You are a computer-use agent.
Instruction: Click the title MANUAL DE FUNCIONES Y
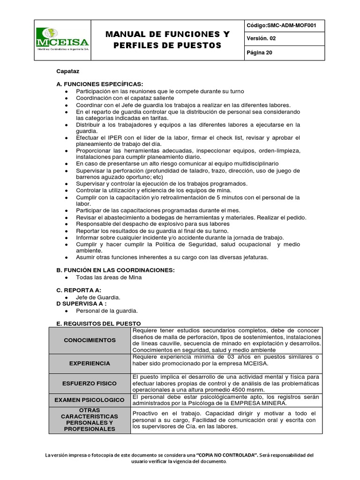pyautogui.click(x=168, y=34)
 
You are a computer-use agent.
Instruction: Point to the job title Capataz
pyautogui.click(x=68, y=71)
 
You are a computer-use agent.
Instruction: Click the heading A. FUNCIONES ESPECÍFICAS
pyautogui.click(x=99, y=84)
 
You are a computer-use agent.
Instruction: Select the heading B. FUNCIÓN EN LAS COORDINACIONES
pyautogui.click(x=115, y=270)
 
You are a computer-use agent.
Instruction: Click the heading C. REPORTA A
pyautogui.click(x=78, y=290)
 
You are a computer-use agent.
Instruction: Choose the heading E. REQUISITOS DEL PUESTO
pyautogui.click(x=98, y=323)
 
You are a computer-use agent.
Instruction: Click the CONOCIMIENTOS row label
pyautogui.click(x=90, y=340)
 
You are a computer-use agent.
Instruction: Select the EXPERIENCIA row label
pyautogui.click(x=90, y=363)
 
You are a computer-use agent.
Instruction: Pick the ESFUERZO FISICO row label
pyautogui.click(x=90, y=383)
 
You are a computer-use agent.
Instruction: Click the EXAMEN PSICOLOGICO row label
pyautogui.click(x=90, y=400)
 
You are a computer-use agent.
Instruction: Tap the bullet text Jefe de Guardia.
pyautogui.click(x=98, y=297)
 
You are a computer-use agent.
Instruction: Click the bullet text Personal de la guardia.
pyautogui.click(x=107, y=310)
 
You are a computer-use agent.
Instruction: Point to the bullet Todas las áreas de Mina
pyautogui.click(x=109, y=277)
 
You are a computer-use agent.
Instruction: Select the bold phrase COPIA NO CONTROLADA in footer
pyautogui.click(x=226, y=455)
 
